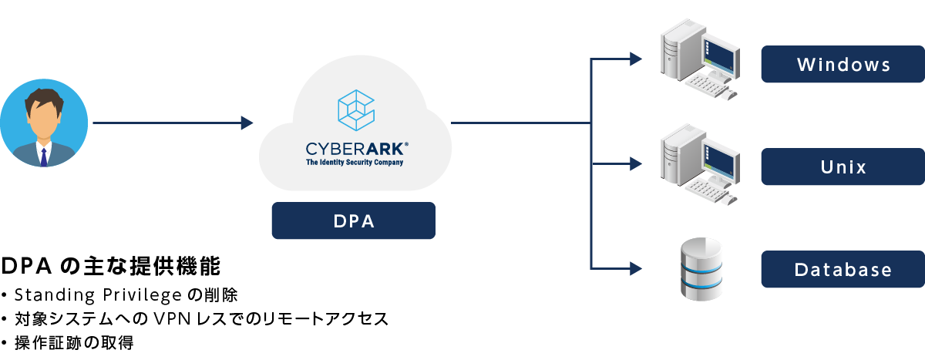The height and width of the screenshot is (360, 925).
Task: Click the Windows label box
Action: [843, 64]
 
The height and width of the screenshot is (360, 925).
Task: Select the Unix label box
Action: [843, 167]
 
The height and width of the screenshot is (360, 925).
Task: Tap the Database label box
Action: [843, 270]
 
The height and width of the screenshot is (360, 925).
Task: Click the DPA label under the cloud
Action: [353, 220]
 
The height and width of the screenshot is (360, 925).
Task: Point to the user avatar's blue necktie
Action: [44, 156]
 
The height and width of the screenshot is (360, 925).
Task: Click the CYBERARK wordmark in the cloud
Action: [354, 149]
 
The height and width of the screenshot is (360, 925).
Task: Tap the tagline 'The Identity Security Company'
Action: [354, 163]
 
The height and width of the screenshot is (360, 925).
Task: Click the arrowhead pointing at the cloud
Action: [247, 123]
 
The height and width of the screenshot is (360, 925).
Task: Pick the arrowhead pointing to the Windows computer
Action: [635, 59]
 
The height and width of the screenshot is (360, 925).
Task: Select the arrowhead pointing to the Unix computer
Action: [635, 163]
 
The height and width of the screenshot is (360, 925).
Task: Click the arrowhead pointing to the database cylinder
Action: [635, 268]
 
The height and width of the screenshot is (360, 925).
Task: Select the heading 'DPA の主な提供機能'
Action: [111, 267]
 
